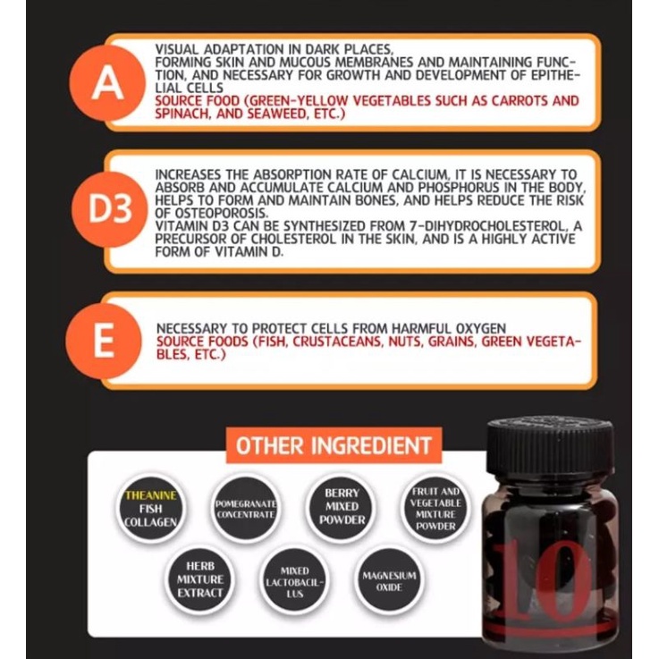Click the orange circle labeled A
(x=107, y=83)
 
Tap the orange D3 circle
(x=109, y=209)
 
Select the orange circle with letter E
(x=104, y=341)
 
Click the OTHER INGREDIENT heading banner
(x=334, y=445)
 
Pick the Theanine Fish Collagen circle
(x=151, y=508)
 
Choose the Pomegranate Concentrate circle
(x=246, y=509)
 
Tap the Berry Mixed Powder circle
(x=342, y=506)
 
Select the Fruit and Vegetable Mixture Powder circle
(x=435, y=509)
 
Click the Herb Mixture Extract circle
(x=199, y=579)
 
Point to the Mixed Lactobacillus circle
(x=294, y=582)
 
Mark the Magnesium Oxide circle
(x=389, y=581)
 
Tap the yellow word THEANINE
(x=151, y=495)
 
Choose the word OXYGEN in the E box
(x=478, y=328)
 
